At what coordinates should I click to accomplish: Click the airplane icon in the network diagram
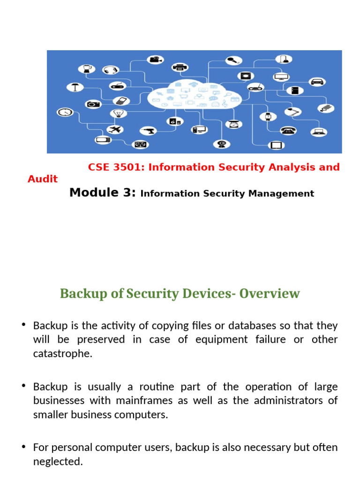tap(114, 129)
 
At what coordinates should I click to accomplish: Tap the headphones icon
tap(111, 70)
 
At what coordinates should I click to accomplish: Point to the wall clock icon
tap(64, 112)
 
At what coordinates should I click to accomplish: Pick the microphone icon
tap(233, 60)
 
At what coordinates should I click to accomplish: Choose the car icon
tap(317, 81)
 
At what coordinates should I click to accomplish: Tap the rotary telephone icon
tap(286, 130)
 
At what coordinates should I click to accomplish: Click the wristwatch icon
tap(268, 117)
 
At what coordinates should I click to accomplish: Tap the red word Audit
tap(43, 179)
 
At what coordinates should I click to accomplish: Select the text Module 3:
tap(103, 193)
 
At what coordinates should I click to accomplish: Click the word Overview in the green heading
tap(270, 294)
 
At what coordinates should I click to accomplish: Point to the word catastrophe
tap(63, 353)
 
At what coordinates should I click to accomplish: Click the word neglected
tap(58, 462)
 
